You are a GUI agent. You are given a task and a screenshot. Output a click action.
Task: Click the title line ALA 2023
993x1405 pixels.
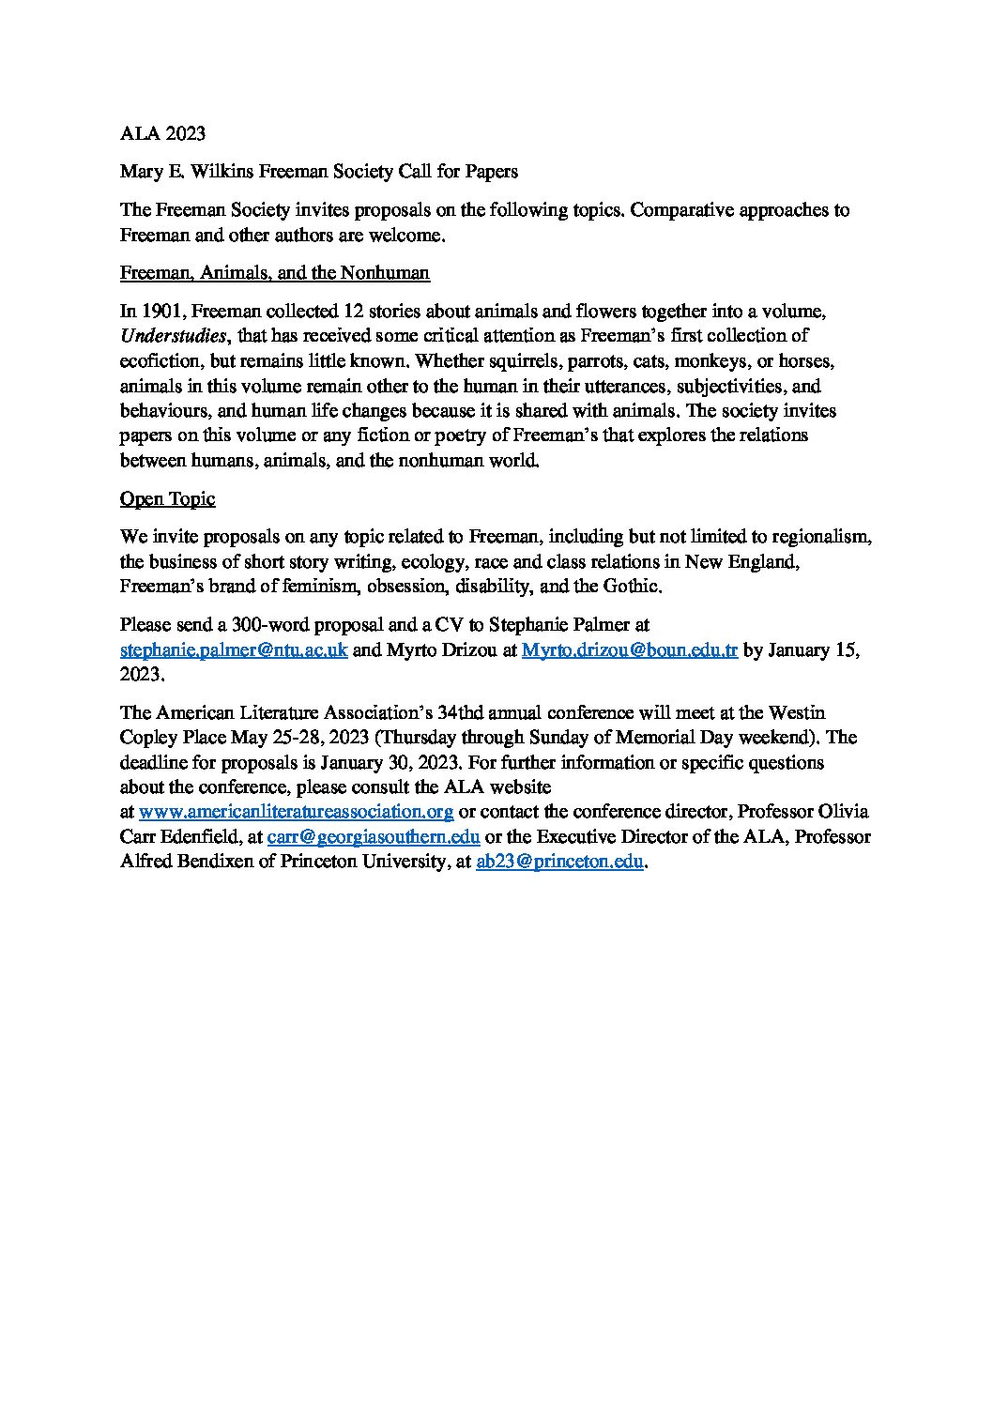click(x=162, y=134)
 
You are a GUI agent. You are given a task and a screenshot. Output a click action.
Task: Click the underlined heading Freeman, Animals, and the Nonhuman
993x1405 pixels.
click(x=275, y=273)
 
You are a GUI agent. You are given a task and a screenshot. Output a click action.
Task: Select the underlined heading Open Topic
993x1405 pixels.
click(x=167, y=499)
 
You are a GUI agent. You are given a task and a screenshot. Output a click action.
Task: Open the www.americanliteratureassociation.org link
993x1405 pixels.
click(x=296, y=811)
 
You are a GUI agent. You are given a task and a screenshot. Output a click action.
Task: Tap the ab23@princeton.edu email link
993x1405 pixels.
click(x=559, y=862)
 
